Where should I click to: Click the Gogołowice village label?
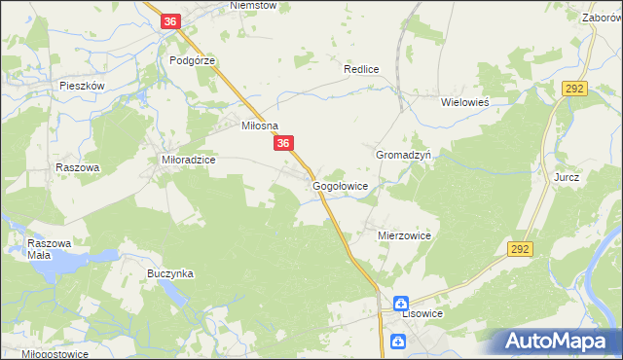coord(340,185)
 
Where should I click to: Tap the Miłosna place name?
coord(260,126)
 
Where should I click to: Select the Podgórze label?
coord(192,59)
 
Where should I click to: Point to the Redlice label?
coord(360,70)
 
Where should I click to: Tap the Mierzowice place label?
coord(404,235)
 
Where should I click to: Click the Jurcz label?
coord(567,178)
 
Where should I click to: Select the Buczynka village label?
coord(170,274)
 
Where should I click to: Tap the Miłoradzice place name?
coord(187,159)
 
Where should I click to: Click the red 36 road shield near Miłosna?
coord(283,143)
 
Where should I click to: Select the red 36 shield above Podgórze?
coord(171,20)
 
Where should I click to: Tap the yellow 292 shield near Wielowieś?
coord(573,88)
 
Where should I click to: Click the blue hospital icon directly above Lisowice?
coord(400,304)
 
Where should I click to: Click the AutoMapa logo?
coord(558,342)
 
